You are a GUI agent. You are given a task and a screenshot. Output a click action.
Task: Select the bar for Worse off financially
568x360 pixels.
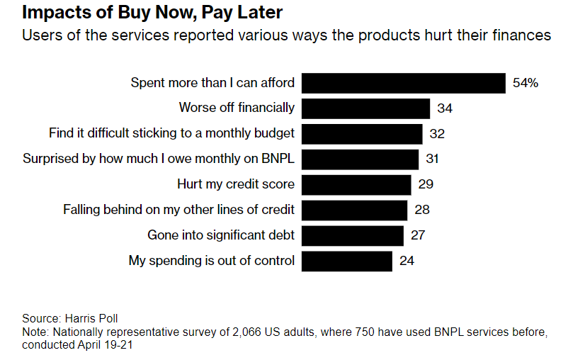click(366, 108)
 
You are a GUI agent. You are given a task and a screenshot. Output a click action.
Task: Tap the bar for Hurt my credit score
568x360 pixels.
click(356, 184)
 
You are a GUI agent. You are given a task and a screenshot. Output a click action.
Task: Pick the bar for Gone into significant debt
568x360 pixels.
click(353, 235)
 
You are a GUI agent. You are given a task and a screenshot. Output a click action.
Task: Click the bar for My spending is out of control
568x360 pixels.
click(347, 261)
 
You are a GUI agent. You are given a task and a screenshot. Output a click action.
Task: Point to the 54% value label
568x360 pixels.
click(526, 83)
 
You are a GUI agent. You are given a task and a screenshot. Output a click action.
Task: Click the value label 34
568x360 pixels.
click(445, 108)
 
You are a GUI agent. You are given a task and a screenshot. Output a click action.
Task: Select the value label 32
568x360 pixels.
click(437, 134)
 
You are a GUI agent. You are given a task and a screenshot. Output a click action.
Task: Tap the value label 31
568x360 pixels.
click(433, 159)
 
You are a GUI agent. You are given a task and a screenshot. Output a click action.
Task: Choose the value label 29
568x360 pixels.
click(426, 184)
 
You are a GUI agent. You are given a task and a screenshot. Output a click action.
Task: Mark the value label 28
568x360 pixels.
click(422, 210)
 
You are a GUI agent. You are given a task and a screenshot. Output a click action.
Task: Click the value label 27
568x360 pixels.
click(418, 235)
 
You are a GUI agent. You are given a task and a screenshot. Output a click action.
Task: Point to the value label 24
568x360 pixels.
click(407, 261)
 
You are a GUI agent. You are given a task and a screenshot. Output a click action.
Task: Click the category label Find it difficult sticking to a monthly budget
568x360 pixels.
click(171, 133)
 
